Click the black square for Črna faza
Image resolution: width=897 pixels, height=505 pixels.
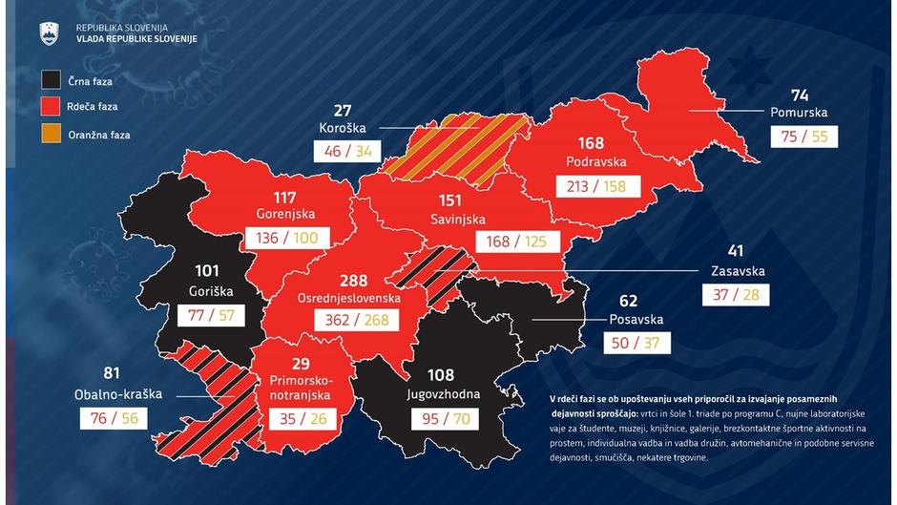52,81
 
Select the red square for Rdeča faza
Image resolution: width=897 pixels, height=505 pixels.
52,108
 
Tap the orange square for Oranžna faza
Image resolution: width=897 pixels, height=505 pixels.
52,135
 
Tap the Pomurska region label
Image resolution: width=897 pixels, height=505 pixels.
799,112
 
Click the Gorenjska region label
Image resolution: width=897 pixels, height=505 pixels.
285,214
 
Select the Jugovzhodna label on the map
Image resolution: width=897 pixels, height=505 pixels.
441,392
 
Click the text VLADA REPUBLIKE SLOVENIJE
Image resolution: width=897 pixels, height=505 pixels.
136,37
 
